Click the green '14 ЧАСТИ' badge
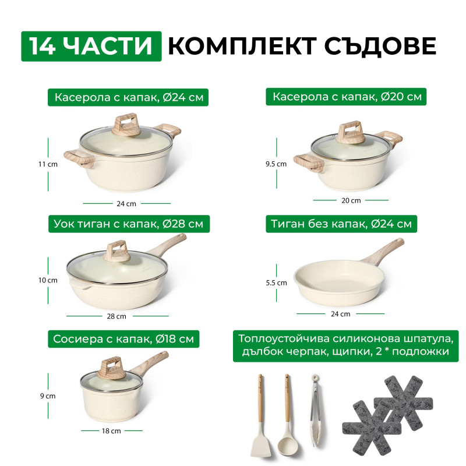[91, 47]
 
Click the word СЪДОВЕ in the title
[380, 47]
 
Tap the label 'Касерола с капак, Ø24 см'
[128, 97]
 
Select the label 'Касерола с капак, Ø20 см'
[346, 97]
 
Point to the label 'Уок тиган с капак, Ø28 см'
[129, 224]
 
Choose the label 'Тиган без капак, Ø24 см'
[341, 224]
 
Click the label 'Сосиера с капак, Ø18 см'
[123, 339]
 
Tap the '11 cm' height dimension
[48, 164]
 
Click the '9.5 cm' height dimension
[276, 164]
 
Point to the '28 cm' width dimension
[116, 316]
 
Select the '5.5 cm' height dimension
[276, 283]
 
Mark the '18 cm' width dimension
[111, 430]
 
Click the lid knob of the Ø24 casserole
[126, 125]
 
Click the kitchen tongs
[315, 410]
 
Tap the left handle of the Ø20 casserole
[308, 163]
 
